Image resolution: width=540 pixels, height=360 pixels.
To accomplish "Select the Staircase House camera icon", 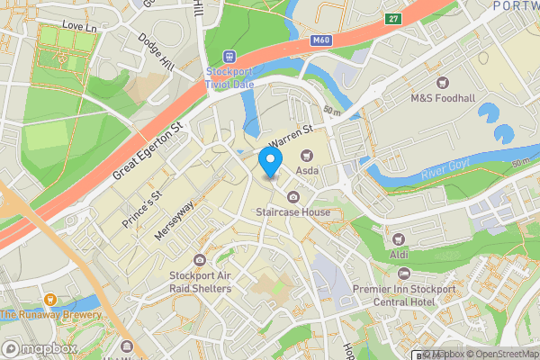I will coord(292,197).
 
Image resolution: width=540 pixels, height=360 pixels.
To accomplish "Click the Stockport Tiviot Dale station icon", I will coord(230,56).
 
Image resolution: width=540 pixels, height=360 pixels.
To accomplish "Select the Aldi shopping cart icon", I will coord(399,238).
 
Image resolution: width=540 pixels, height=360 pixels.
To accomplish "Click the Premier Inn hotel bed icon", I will coord(403,273).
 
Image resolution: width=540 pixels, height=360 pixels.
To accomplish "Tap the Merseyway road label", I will coord(174,220).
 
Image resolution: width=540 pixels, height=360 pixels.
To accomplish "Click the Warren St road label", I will coord(291,136).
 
